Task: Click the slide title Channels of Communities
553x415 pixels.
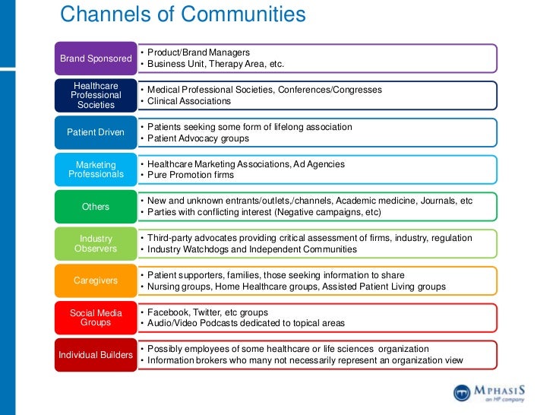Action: [x=182, y=14]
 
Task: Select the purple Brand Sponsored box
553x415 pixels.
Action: [x=96, y=59]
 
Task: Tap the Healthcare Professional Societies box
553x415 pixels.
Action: [x=96, y=95]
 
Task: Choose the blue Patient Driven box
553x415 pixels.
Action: [x=96, y=132]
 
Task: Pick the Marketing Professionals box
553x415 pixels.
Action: [x=96, y=169]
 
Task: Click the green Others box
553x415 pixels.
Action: [x=96, y=207]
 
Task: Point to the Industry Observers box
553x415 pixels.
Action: [x=96, y=243]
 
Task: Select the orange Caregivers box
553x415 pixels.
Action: [x=96, y=280]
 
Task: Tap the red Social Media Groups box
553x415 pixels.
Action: [x=96, y=318]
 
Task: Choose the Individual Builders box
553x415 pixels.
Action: [x=96, y=355]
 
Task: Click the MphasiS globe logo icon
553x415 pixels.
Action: [x=463, y=392]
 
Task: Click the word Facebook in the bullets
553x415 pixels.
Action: [x=168, y=312]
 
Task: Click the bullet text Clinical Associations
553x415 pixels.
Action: [x=188, y=101]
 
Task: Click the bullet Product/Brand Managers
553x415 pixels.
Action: [x=198, y=52]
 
